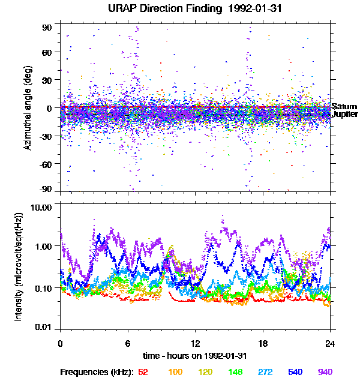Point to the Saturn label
(x=344, y=106)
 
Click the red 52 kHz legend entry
(x=143, y=372)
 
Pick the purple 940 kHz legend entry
(x=325, y=372)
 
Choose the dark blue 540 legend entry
(x=295, y=372)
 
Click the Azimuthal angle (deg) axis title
(x=28, y=108)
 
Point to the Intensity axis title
(x=19, y=267)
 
